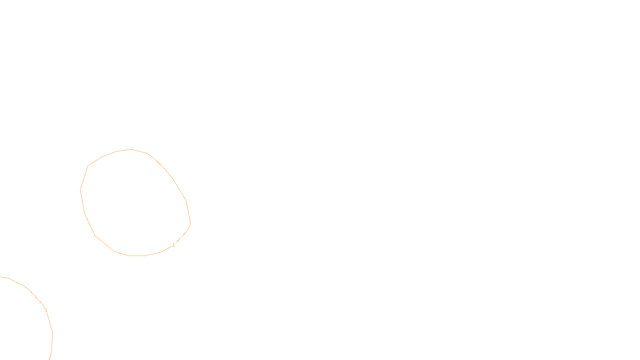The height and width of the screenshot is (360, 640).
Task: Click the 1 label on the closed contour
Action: tap(174, 245)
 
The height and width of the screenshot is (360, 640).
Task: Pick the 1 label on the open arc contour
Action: tap(46, 310)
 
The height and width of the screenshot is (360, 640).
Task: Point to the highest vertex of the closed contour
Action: tap(131, 149)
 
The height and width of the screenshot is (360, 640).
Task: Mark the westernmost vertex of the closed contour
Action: tap(80, 190)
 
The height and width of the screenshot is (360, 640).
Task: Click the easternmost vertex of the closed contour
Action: tap(191, 223)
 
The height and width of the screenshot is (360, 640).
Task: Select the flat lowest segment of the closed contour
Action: tap(137, 256)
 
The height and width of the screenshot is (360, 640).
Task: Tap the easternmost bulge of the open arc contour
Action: tap(52, 333)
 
